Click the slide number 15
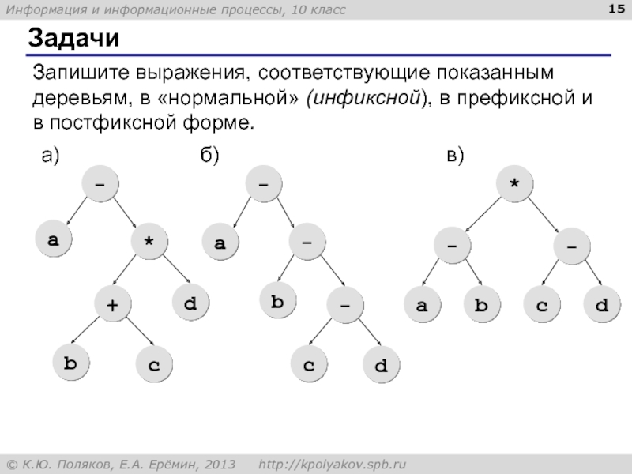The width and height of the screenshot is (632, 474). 614,9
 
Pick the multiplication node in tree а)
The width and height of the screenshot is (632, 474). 149,243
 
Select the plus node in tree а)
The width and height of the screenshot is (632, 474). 113,304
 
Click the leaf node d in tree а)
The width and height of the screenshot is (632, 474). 190,304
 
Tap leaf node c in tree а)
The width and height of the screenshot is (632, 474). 153,364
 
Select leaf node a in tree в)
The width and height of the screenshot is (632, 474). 423,304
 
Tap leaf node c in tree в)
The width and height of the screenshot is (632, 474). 543,304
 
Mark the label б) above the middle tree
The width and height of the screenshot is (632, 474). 209,156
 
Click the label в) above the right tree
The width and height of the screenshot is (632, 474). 454,156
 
